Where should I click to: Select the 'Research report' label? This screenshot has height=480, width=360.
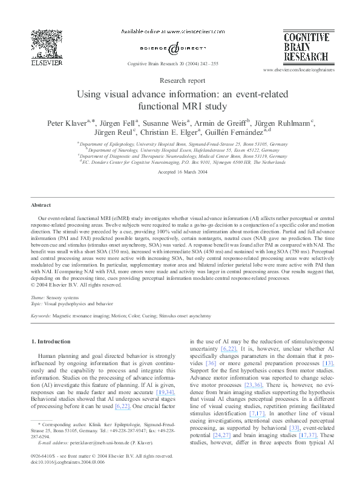pos(180,80)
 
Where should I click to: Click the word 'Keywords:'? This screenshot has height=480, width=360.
pos(41,316)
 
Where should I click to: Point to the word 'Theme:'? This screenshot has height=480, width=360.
pos(38,298)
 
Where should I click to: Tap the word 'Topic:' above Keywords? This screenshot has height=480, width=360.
pos(38,303)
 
